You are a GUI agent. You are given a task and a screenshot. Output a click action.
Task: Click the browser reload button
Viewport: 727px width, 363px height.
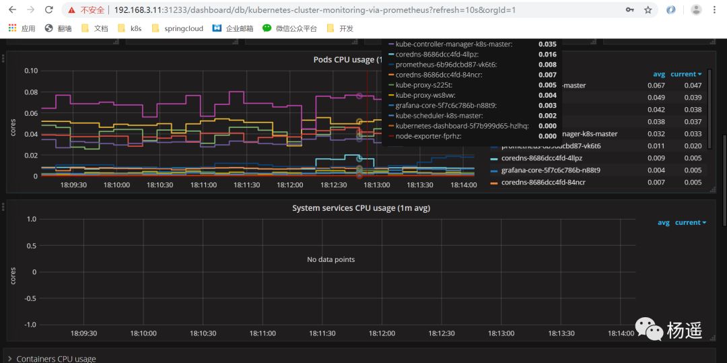(48, 10)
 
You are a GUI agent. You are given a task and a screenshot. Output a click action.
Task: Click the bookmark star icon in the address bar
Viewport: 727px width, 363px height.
(648, 10)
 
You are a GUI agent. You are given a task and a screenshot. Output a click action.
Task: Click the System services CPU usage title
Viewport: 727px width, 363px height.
(361, 208)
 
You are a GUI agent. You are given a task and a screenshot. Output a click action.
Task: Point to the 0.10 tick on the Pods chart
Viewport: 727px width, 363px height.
(31, 71)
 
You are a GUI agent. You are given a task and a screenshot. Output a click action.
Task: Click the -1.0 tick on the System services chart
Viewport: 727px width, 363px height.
(30, 325)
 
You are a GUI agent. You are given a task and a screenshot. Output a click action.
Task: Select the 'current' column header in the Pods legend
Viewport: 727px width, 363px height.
(685, 74)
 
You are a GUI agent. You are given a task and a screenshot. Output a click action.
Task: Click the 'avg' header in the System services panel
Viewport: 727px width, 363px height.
(663, 223)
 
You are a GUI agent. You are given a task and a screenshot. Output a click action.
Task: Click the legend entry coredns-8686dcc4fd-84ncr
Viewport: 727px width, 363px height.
(543, 183)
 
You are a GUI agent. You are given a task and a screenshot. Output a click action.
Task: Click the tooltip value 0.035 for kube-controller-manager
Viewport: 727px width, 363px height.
(547, 44)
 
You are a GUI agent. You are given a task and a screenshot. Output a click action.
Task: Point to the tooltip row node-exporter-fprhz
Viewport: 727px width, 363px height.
(428, 136)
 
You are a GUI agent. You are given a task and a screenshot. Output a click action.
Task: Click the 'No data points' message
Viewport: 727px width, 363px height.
(331, 259)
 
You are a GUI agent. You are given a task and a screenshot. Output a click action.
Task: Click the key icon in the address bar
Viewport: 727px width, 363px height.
(629, 10)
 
